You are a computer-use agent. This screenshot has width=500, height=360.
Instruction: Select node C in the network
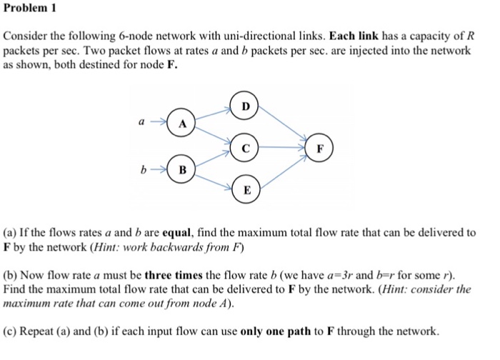tap(246, 150)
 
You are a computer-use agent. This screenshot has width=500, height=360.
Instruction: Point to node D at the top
tap(246, 107)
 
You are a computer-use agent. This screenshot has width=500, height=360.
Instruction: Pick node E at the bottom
tap(246, 191)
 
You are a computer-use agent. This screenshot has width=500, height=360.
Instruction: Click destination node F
tap(321, 150)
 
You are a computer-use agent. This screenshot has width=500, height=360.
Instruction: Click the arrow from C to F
tap(284, 150)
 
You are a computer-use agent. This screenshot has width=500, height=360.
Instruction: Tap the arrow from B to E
tap(214, 180)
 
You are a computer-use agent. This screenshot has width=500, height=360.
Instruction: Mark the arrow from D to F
tap(284, 127)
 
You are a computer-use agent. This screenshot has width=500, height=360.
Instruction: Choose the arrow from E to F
tap(284, 171)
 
